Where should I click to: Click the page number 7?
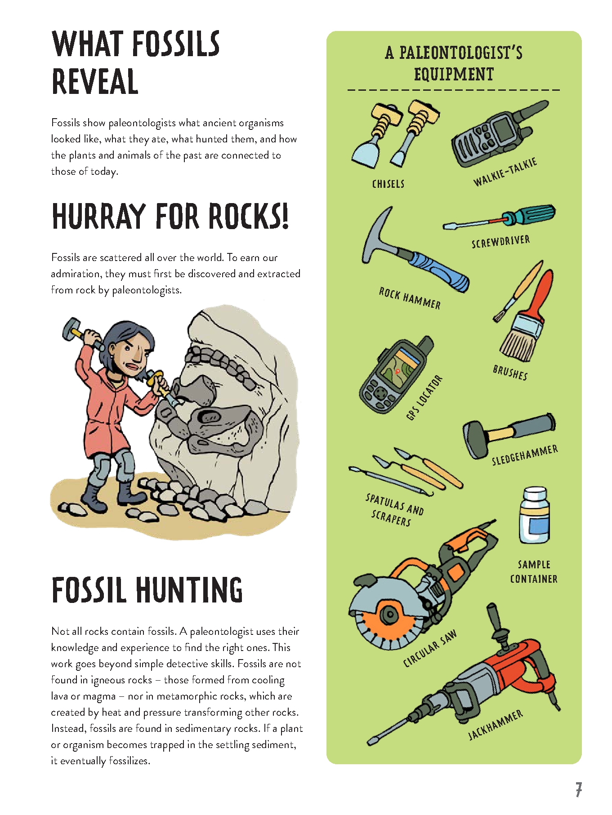[x=579, y=789]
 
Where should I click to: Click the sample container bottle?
[x=534, y=515]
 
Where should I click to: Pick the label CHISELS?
[x=388, y=184]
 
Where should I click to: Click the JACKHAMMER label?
[x=496, y=725]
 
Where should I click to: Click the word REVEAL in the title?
[x=95, y=81]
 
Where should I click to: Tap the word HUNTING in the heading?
[x=188, y=589]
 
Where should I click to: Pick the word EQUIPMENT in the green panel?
[x=454, y=74]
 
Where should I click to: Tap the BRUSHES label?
[x=510, y=372]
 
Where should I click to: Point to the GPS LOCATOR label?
[x=424, y=398]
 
